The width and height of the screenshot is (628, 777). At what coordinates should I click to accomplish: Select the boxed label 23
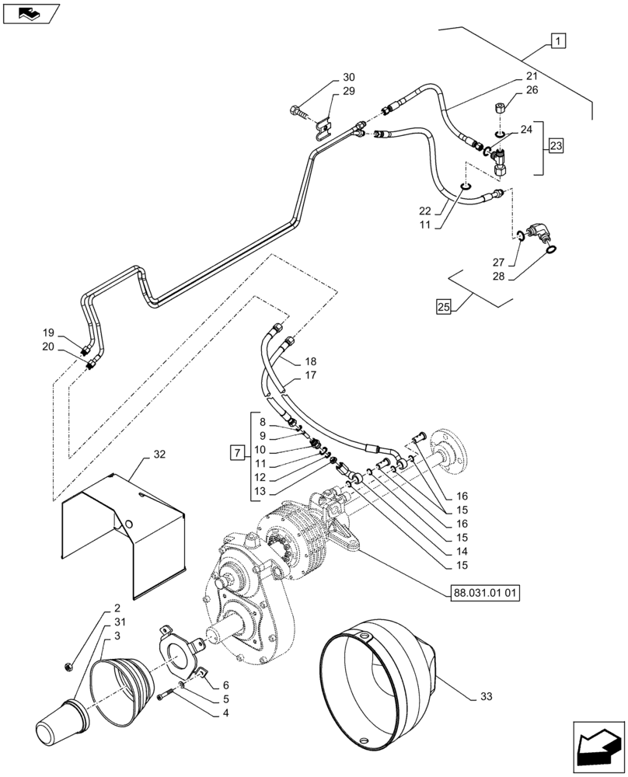556,145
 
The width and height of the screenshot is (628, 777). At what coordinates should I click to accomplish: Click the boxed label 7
238,451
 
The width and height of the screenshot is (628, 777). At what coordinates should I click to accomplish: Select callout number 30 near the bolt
347,78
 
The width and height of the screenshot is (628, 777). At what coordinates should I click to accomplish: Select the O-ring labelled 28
551,249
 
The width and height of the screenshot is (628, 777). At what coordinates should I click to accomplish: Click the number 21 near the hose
531,76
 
